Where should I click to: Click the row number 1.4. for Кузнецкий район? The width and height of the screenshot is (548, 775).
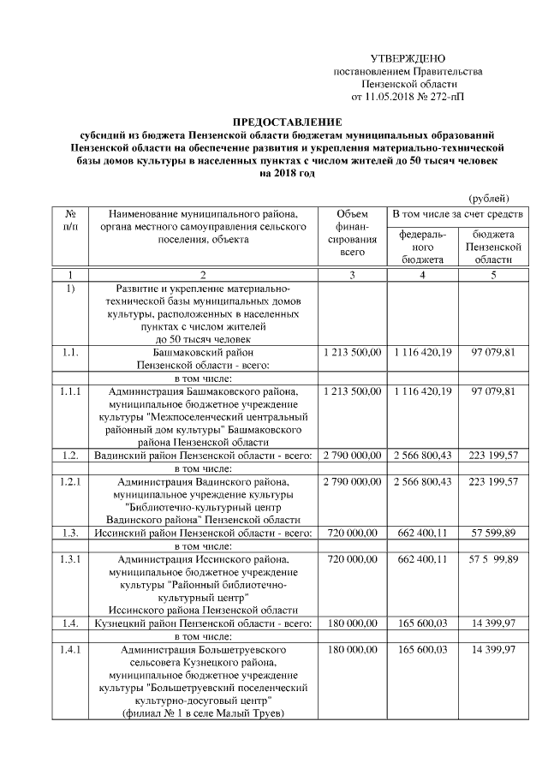pos(71,623)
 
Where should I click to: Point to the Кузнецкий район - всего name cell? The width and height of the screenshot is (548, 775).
pos(202,623)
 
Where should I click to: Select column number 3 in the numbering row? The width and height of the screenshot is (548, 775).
pos(352,274)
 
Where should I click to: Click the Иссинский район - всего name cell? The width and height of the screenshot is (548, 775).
pos(202,533)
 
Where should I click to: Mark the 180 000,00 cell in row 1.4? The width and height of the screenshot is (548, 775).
pos(352,623)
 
